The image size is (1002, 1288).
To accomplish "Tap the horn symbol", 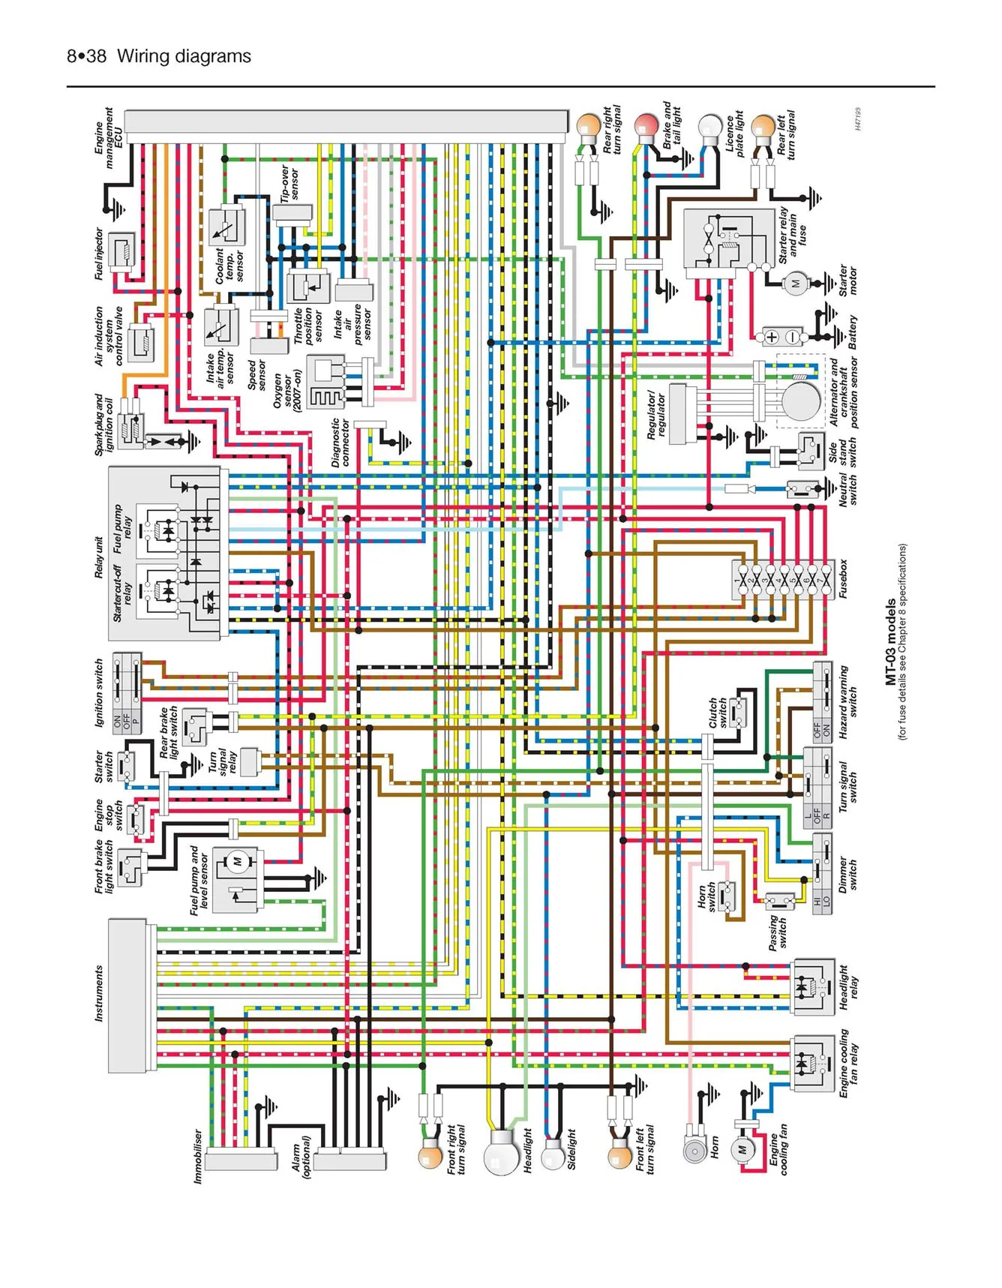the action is tap(695, 1150).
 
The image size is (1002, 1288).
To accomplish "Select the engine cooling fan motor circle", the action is tap(742, 1149).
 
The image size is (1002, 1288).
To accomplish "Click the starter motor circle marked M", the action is tap(795, 284).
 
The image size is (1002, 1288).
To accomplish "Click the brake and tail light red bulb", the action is tap(646, 126).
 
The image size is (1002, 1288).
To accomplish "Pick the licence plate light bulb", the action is tap(709, 126).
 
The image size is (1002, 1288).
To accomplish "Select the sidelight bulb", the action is tap(553, 1154).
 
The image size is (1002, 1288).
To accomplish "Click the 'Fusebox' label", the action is tap(844, 578).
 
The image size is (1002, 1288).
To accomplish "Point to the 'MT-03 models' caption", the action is tap(890, 641).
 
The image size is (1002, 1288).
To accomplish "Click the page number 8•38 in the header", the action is tap(86, 56).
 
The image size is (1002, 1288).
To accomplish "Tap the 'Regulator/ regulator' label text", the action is tap(656, 414).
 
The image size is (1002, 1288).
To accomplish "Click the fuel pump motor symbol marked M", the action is tap(237, 860).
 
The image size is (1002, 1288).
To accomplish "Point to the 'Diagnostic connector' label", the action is tap(340, 443).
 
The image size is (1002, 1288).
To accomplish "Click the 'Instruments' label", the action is tap(98, 993).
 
